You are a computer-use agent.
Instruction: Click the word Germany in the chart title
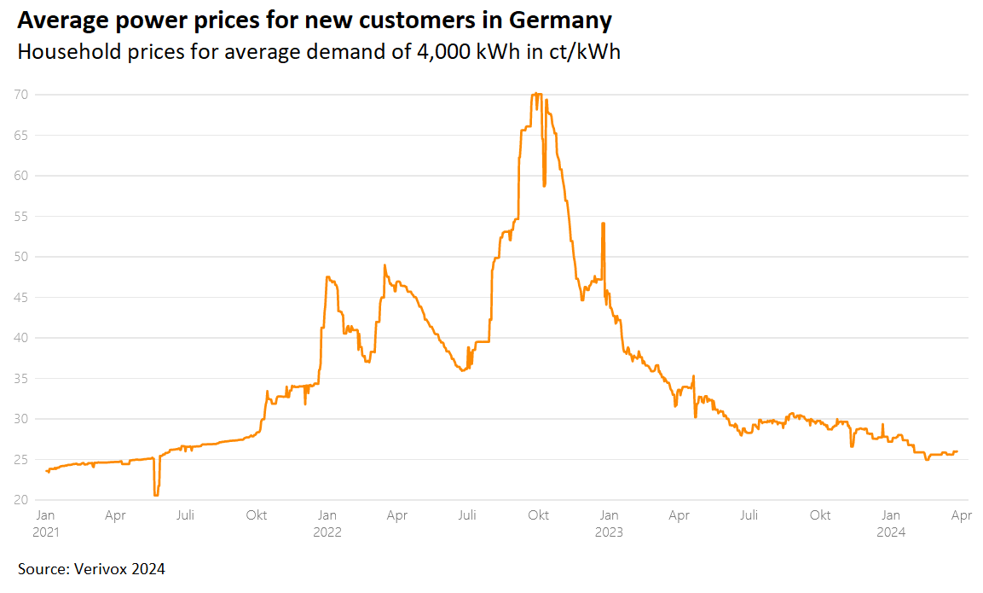coord(559,19)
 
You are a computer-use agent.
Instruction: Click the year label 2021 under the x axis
coord(46,532)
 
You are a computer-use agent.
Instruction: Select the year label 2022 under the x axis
coord(327,532)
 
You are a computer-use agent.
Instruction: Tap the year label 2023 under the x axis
coord(608,532)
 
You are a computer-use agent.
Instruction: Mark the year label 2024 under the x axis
coord(891,532)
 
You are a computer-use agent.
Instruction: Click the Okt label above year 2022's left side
coord(256,515)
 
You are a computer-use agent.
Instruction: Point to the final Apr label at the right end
coord(961,515)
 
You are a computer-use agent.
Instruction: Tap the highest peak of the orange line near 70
coord(535,94)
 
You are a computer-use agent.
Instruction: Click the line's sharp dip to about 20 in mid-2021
coord(156,494)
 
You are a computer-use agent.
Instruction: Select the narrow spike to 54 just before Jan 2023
coord(603,224)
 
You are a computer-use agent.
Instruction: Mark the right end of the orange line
coord(957,451)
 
